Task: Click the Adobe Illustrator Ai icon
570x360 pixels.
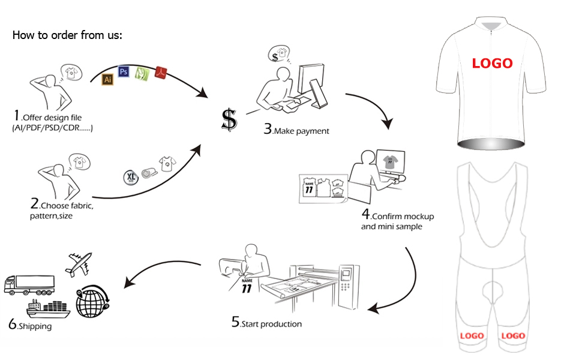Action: (x=108, y=79)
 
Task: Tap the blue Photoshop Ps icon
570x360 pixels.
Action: (x=124, y=72)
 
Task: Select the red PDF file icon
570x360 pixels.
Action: (x=160, y=71)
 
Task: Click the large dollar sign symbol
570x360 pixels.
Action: (x=229, y=120)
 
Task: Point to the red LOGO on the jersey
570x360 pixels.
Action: (x=492, y=63)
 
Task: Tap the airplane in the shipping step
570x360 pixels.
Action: (x=80, y=262)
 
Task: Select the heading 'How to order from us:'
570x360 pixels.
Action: (x=67, y=35)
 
